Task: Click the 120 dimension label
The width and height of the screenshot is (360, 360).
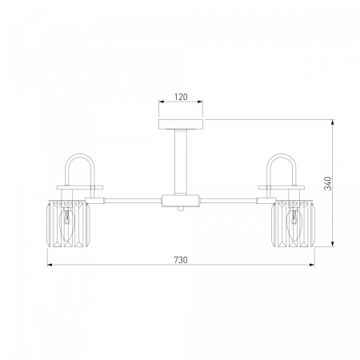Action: [x=181, y=97]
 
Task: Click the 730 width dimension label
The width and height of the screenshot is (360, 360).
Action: [x=181, y=260]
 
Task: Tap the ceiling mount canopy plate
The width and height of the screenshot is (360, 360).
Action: [x=181, y=125]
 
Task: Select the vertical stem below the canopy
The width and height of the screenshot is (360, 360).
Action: [x=181, y=162]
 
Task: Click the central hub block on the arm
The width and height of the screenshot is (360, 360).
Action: [x=181, y=201]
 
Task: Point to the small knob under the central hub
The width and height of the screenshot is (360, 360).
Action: [x=181, y=209]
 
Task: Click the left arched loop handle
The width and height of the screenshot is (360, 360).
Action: [x=80, y=154]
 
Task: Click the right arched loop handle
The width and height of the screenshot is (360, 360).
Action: [x=282, y=154]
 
